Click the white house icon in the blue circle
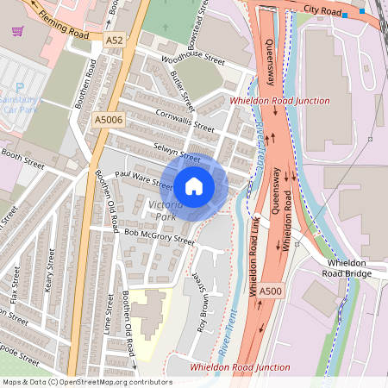click(194, 185)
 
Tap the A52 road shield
click(115, 41)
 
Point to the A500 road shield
click(270, 291)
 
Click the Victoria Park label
click(166, 210)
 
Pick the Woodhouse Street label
click(194, 66)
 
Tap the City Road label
click(320, 9)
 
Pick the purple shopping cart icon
click(17, 31)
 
